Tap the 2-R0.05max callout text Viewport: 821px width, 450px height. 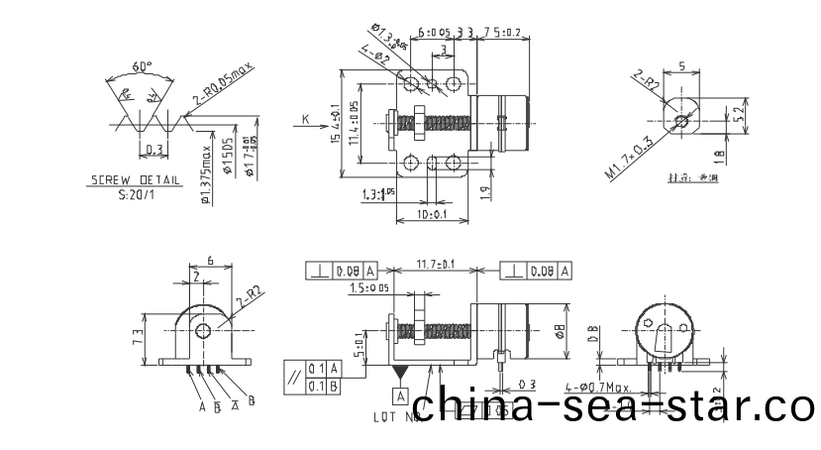[x=225, y=85]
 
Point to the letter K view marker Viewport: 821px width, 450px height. [x=304, y=118]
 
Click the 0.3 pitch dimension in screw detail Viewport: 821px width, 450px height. [x=154, y=150]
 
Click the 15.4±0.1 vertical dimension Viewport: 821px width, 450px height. [x=337, y=125]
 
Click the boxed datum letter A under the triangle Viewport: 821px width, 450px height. [x=400, y=395]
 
